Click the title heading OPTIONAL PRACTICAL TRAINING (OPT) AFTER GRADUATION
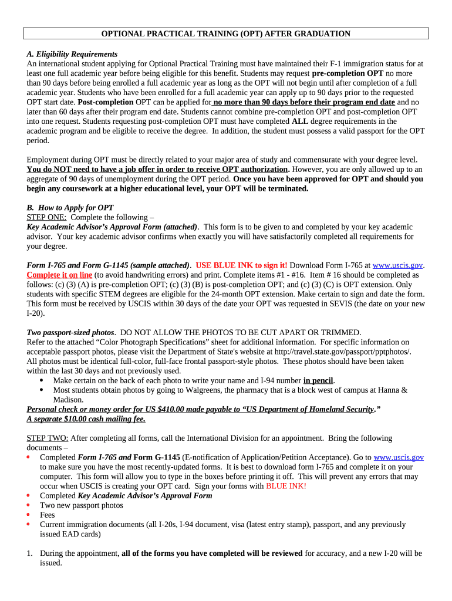(225, 33)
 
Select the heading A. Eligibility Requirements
(72, 54)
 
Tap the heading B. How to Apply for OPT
(70, 207)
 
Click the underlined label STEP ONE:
(46, 217)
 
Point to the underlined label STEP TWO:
(48, 438)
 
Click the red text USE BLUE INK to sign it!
(241, 265)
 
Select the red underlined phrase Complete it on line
(59, 275)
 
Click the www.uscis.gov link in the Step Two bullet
(399, 457)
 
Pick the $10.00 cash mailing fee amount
(76, 419)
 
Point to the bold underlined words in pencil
(318, 380)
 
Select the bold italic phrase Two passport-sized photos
(70, 332)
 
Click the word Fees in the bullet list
(48, 515)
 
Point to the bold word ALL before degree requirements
(299, 121)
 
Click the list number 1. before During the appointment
(30, 553)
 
